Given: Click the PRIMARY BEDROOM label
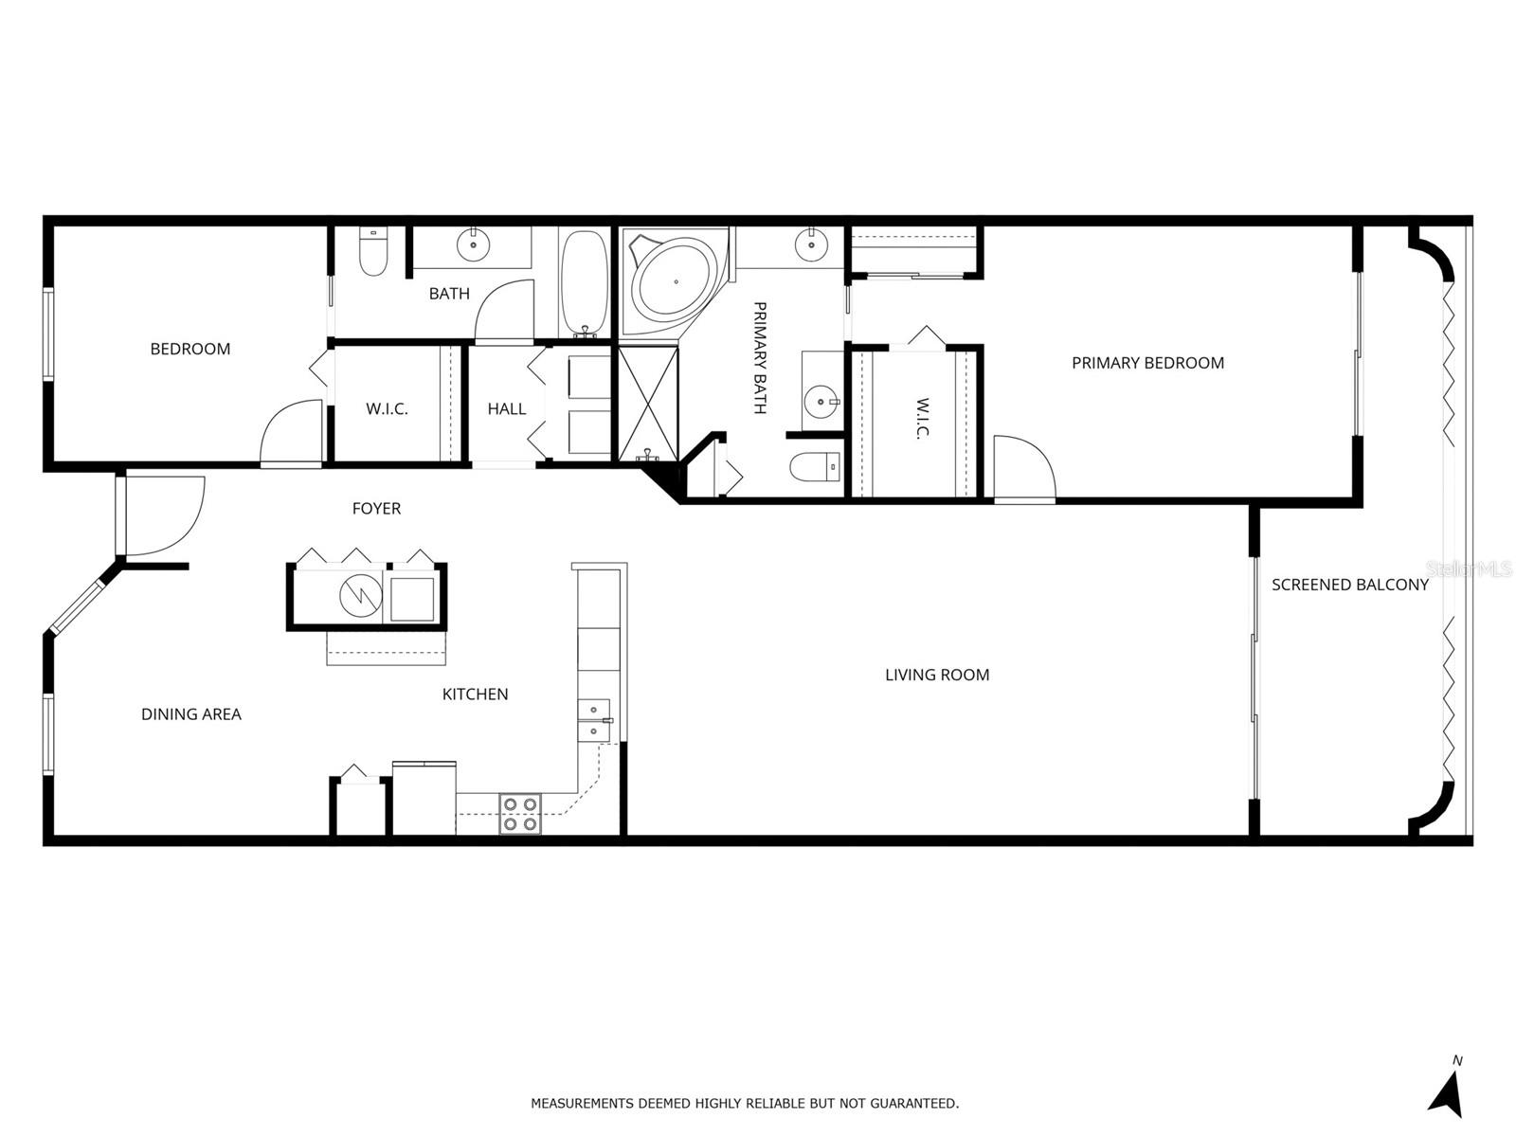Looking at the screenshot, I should pos(1147,363).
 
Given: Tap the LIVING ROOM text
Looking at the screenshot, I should pos(937,675).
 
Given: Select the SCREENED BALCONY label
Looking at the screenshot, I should pos(1349,585).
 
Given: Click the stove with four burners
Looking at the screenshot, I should pos(520,814).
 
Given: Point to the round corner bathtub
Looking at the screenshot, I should pos(674,281).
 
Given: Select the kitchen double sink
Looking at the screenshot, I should pos(594,720).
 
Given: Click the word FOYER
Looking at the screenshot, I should pos(376,509).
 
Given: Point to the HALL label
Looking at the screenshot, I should pos(507,409).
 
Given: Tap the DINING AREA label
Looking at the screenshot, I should pos(191,714).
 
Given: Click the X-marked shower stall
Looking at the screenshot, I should pos(649,404).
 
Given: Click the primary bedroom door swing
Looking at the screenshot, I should pos(1023,466).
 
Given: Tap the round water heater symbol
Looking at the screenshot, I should pos(361,595).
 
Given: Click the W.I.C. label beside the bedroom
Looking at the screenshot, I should pos(387,409).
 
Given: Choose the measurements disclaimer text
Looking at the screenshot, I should pos(745,1103).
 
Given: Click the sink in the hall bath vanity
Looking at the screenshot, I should pos(472,246).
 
